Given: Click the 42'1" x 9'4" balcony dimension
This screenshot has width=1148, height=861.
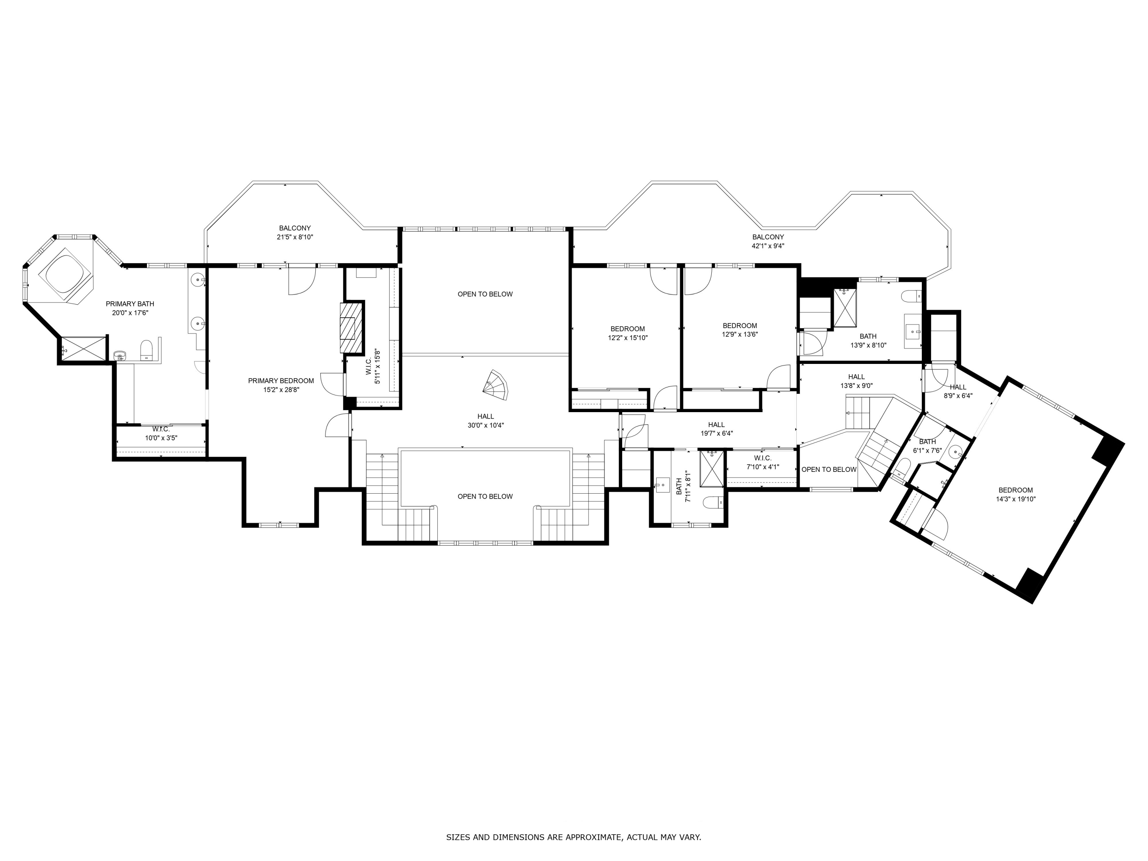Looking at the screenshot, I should click(768, 246).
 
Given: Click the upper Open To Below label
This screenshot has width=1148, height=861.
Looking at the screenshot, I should click(485, 294).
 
